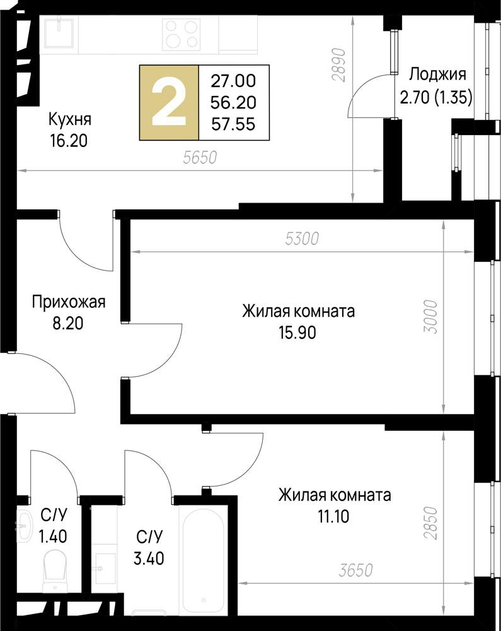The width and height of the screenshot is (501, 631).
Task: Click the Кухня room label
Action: (x=70, y=119)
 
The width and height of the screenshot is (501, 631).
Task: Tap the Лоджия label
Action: (x=437, y=74)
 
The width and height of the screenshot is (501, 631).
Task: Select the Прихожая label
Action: (x=69, y=302)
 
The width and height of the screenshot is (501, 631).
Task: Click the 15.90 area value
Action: (x=298, y=332)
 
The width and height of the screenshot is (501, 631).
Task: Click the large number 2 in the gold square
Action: (x=169, y=102)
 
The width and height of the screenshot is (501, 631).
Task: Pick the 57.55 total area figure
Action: (x=233, y=125)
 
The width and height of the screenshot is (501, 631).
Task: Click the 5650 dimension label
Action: (x=200, y=158)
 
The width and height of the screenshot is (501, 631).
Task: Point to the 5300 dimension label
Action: (x=303, y=239)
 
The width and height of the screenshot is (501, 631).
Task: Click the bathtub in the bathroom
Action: (x=202, y=555)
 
